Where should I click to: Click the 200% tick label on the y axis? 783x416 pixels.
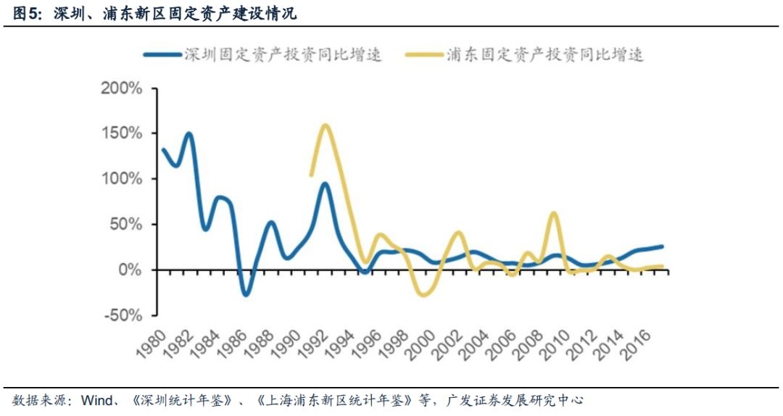[122, 89]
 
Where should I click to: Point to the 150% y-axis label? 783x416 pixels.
[122, 134]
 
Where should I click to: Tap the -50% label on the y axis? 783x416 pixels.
[123, 315]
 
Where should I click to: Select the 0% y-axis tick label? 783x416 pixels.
[130, 270]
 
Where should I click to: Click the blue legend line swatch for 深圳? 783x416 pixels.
[162, 54]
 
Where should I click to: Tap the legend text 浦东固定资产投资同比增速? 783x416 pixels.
[545, 54]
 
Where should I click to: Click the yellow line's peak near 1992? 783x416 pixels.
[325, 125]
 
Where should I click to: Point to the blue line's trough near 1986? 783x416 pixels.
[246, 294]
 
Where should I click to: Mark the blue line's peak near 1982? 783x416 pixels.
[188, 133]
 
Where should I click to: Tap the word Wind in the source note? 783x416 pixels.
[96, 400]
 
